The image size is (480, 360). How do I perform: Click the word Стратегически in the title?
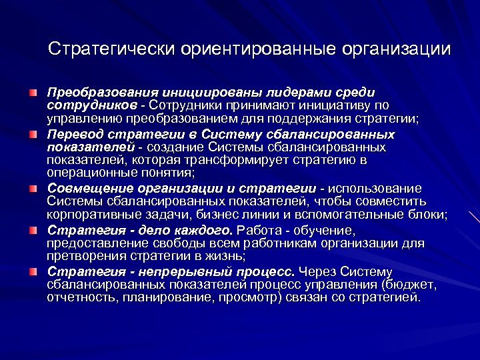[x=111, y=49]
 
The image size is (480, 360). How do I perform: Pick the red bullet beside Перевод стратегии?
[x=33, y=134]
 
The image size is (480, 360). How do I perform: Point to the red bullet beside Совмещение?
[x=33, y=188]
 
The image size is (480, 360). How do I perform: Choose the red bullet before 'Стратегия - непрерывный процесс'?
[x=33, y=271]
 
